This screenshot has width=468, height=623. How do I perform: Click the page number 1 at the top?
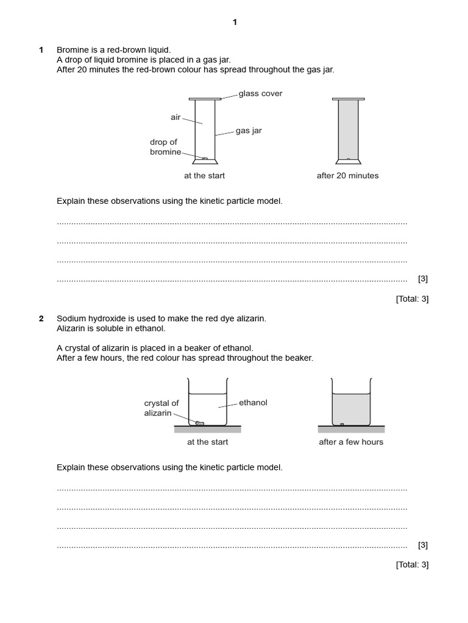pyautogui.click(x=235, y=23)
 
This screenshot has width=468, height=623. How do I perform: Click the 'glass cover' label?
pyautogui.click(x=260, y=94)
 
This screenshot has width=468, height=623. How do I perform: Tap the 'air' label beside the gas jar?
pyautogui.click(x=175, y=117)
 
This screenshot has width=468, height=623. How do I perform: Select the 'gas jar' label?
pyautogui.click(x=249, y=131)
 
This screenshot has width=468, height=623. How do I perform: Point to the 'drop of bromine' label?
pyautogui.click(x=165, y=147)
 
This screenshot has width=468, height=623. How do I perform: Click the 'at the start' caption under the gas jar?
pyautogui.click(x=204, y=176)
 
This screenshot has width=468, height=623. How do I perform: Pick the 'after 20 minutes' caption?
pyautogui.click(x=347, y=176)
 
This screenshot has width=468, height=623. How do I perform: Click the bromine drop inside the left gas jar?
pyautogui.click(x=205, y=159)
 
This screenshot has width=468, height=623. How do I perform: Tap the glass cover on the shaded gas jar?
pyautogui.click(x=348, y=99)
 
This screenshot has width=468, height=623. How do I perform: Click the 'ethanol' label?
pyautogui.click(x=253, y=403)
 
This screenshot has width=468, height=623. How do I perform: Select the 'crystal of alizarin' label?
pyautogui.click(x=161, y=408)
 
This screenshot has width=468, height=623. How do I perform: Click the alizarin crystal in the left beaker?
pyautogui.click(x=199, y=422)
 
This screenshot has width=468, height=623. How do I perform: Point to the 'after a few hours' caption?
pyautogui.click(x=351, y=442)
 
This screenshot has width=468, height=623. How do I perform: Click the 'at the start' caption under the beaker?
pyautogui.click(x=207, y=442)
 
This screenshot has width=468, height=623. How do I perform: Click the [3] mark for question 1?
pyautogui.click(x=423, y=279)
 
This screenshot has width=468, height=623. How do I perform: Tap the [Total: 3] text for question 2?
pyautogui.click(x=412, y=565)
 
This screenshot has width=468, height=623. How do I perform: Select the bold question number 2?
pyautogui.click(x=41, y=319)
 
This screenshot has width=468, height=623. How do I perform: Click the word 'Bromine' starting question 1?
pyautogui.click(x=72, y=50)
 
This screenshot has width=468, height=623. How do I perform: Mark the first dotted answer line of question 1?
pyautogui.click(x=232, y=223)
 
